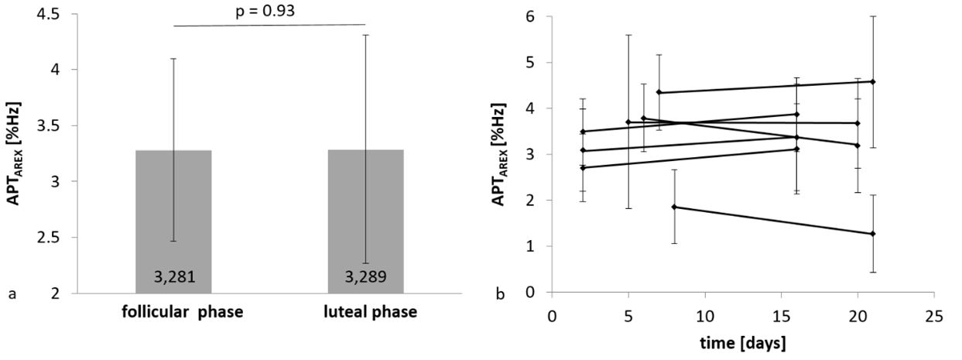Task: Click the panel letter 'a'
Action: coord(11,293)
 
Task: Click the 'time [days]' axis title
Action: coord(742,340)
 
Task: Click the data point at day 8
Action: coord(674,207)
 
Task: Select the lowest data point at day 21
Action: coord(873,234)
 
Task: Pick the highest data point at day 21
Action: coord(873,81)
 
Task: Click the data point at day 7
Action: coord(659,92)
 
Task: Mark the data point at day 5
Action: coord(628,122)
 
